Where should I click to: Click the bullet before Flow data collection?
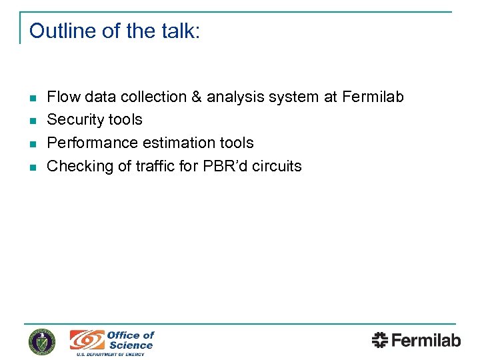(x=32, y=98)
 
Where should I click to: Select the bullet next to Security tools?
(x=32, y=121)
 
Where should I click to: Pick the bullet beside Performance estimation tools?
(x=32, y=144)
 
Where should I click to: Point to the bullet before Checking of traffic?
(x=32, y=167)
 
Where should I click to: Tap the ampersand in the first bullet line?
(x=197, y=97)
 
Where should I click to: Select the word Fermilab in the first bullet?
(x=373, y=97)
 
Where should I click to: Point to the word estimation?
(x=183, y=143)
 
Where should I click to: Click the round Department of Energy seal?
(x=42, y=341)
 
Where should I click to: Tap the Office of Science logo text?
(x=131, y=340)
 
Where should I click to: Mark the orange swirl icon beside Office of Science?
(x=87, y=340)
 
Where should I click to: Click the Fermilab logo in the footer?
(x=416, y=340)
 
